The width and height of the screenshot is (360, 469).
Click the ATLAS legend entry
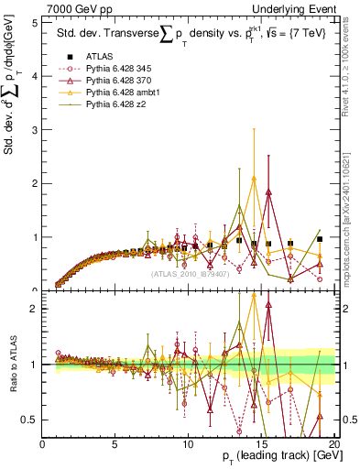tap(101, 58)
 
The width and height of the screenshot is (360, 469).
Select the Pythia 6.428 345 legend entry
tap(118, 70)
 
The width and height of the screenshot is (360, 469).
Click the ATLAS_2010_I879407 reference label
tap(189, 273)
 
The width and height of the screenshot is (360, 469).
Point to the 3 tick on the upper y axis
tap(35, 130)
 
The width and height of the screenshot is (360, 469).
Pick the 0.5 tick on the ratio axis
tap(30, 420)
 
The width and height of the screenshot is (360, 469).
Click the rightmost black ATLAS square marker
tap(319, 239)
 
